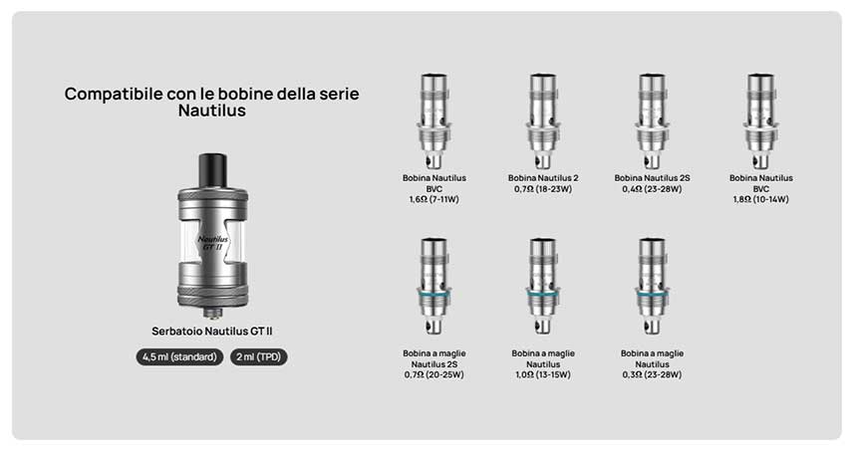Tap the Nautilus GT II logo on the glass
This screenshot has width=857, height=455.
pos(213,242)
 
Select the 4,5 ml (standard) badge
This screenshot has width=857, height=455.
pos(180,356)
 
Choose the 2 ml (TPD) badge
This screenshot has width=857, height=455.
pos(259,356)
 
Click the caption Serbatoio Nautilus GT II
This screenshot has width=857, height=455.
pos(212,331)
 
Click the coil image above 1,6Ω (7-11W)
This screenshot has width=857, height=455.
pos(434,120)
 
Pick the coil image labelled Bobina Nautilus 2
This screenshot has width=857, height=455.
pos(542,120)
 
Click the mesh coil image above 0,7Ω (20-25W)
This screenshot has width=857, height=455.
pos(434,287)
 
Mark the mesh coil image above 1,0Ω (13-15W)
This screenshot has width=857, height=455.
pos(542,287)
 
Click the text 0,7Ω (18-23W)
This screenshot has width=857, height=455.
pos(543,188)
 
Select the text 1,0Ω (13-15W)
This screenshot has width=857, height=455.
pos(543,375)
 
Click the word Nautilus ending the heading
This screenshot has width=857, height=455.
pos(212,113)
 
